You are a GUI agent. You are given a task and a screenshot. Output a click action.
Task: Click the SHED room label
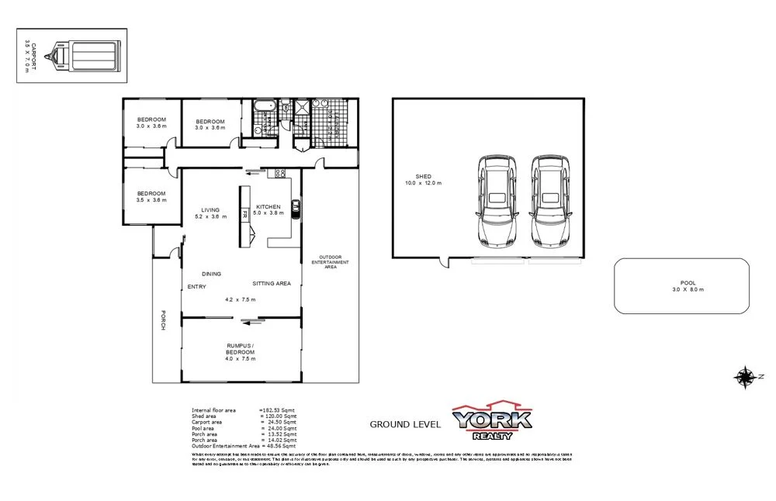click(x=424, y=177)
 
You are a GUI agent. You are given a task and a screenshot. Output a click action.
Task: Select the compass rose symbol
click(x=745, y=377)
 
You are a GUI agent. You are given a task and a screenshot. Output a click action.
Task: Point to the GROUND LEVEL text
click(x=405, y=424)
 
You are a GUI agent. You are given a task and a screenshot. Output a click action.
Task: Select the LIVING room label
click(x=210, y=209)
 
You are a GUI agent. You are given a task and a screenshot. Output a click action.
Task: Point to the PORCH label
click(x=164, y=321)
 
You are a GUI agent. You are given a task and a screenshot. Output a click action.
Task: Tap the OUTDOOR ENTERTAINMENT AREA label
click(x=330, y=262)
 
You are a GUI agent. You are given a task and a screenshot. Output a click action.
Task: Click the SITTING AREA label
click(x=272, y=284)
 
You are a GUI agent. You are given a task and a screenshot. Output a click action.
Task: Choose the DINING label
click(x=211, y=274)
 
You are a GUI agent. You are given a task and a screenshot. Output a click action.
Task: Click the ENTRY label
click(x=196, y=287)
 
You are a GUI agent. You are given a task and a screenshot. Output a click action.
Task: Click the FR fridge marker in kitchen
click(x=244, y=214)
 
